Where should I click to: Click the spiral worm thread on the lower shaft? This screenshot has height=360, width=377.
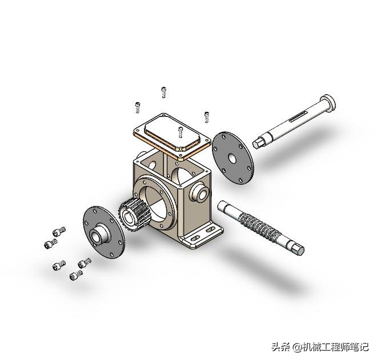pyautogui.click(x=260, y=225)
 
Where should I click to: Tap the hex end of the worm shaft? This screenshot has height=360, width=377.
pyautogui.click(x=298, y=249)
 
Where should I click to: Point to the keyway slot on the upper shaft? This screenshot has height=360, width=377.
pyautogui.click(x=298, y=116)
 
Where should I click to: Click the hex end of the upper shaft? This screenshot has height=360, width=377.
pyautogui.click(x=258, y=143)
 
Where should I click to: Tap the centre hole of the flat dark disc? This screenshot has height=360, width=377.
pyautogui.click(x=232, y=158)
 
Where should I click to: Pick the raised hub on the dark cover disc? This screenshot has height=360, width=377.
pyautogui.click(x=99, y=232)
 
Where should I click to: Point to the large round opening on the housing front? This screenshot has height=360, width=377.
pyautogui.click(x=154, y=201)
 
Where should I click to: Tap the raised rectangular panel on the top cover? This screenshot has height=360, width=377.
pyautogui.click(x=172, y=133)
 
